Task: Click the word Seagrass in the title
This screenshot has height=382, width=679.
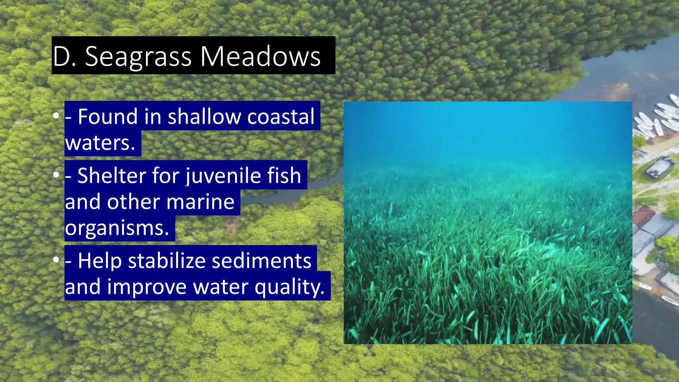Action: [x=138, y=56]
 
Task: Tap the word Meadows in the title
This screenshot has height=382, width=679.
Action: [x=260, y=56]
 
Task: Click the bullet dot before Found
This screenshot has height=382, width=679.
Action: [x=56, y=116]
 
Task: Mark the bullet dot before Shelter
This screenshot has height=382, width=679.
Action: [x=56, y=175]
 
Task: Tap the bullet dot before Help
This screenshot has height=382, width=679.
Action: [x=56, y=260]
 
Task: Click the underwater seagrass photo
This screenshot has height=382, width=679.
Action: [x=488, y=223]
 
